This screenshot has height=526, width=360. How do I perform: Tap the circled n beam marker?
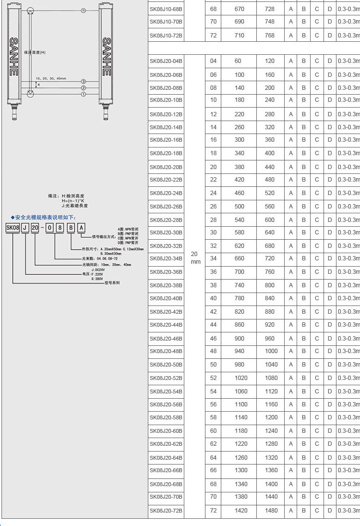click(83, 10)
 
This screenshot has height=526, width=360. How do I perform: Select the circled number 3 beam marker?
click(83, 82)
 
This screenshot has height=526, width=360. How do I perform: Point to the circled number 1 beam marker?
click(83, 94)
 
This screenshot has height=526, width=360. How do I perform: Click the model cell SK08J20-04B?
click(166, 61)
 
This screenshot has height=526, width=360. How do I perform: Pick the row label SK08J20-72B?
click(166, 510)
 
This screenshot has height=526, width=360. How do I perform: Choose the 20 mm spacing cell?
click(195, 258)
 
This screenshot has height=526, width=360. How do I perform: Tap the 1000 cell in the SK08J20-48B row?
click(271, 351)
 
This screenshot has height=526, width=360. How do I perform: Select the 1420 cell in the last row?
click(241, 510)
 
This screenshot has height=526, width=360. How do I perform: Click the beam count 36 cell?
click(213, 272)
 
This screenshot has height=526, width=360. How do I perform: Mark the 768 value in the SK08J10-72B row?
click(269, 36)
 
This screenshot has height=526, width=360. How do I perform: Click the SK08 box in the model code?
click(13, 228)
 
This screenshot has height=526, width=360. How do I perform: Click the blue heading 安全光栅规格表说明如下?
click(44, 218)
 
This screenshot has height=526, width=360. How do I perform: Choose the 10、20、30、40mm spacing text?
click(51, 78)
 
